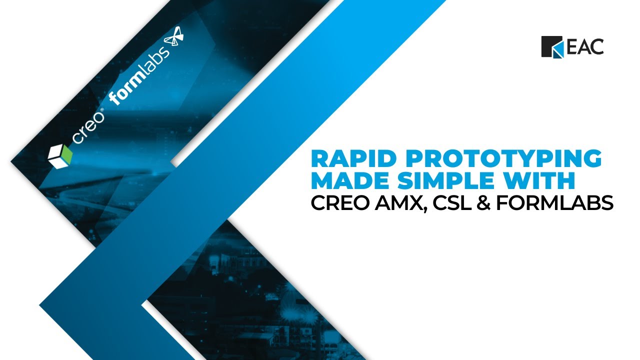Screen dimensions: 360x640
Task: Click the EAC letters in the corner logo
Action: (x=585, y=47)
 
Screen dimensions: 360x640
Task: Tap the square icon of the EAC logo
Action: (x=552, y=47)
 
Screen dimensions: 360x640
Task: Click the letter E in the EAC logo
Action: (x=572, y=47)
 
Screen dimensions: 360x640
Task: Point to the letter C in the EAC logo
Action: (x=597, y=47)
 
